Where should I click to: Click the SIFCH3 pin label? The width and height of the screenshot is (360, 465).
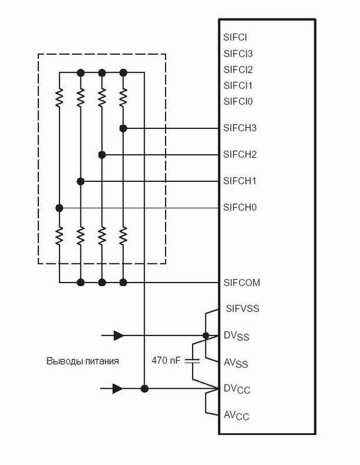click(x=240, y=128)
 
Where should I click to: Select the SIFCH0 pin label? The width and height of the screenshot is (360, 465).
click(x=240, y=207)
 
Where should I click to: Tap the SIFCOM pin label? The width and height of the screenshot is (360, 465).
click(x=242, y=283)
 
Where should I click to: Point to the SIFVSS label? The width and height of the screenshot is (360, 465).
click(x=242, y=309)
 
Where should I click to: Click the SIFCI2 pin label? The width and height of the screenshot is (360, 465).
click(x=238, y=70)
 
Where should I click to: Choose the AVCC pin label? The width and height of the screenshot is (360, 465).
click(x=236, y=416)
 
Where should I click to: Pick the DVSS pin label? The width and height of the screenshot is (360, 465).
click(x=236, y=336)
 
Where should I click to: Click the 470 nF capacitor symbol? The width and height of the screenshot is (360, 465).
click(x=192, y=361)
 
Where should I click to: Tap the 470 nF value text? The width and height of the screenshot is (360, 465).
click(x=166, y=361)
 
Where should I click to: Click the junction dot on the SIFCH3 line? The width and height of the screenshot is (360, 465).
click(x=124, y=128)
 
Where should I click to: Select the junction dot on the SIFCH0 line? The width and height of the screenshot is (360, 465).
click(x=59, y=208)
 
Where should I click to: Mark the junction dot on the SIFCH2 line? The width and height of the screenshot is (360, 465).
click(x=102, y=155)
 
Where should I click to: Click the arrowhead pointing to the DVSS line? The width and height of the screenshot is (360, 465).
click(x=119, y=336)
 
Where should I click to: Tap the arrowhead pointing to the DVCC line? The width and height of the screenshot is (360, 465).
click(x=118, y=388)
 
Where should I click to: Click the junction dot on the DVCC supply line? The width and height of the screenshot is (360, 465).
click(x=145, y=388)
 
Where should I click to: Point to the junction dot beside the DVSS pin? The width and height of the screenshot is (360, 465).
click(x=206, y=336)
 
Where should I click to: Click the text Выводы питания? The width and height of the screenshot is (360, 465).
click(x=83, y=361)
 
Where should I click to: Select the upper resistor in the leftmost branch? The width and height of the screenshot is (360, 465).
click(x=59, y=97)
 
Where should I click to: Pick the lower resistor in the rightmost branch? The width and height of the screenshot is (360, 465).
click(x=124, y=235)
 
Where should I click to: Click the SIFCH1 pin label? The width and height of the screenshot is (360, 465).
click(x=239, y=181)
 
